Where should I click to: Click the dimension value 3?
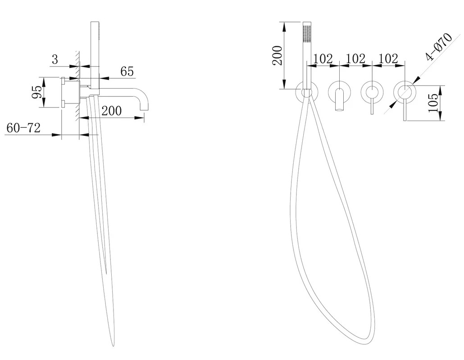coord(55,59)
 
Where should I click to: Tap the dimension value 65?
coord(127,72)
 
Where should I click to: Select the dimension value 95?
coord(36,92)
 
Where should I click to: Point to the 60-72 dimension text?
coord(23,128)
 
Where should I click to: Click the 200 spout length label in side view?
coord(112,111)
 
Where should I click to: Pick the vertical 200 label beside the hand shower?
coord(277,55)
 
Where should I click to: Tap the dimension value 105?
coord(433,103)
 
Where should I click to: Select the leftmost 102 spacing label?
coord(323,58)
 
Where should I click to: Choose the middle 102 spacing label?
coord(355,58)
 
